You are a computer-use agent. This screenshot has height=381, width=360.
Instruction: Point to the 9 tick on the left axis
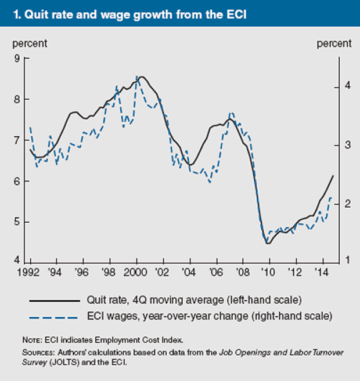pos(17,59)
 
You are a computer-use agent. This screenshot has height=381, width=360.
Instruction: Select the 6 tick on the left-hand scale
pos(17,181)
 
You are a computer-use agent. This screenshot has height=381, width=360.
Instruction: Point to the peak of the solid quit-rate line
pos(142,77)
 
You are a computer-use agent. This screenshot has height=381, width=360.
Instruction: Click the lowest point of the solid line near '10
pos(268,243)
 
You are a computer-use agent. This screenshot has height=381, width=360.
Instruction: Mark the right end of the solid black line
pos(333,175)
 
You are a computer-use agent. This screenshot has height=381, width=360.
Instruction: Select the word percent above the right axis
pos(334,43)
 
